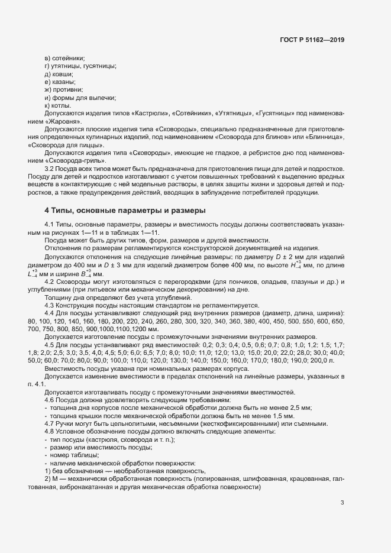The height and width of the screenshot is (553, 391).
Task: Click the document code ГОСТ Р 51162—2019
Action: (311, 40)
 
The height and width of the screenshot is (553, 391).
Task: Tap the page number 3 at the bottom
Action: (342, 503)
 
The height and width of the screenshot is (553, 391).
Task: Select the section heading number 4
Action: (47, 211)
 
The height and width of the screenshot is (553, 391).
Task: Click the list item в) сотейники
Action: (64, 58)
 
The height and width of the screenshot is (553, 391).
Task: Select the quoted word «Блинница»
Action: (325, 137)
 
